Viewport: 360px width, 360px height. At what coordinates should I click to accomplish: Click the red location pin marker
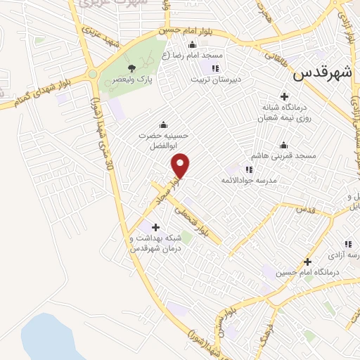tap(181, 165)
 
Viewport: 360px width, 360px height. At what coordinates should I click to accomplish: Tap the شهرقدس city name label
tap(321, 72)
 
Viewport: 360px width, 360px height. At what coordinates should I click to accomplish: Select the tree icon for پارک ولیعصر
tap(131, 68)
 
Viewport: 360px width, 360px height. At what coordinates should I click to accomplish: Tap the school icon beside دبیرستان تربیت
tap(215, 68)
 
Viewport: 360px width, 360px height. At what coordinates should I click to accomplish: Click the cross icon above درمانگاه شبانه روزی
tap(285, 96)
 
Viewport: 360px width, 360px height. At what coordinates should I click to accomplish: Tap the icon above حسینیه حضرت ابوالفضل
tap(164, 125)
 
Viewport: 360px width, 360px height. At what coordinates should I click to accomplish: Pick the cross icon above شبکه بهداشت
tap(155, 226)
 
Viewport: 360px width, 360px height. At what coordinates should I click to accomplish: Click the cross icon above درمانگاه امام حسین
tap(307, 261)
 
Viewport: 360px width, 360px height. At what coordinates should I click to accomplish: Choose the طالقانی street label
tap(276, 56)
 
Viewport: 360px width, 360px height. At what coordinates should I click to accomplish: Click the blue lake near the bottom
tap(46, 337)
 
